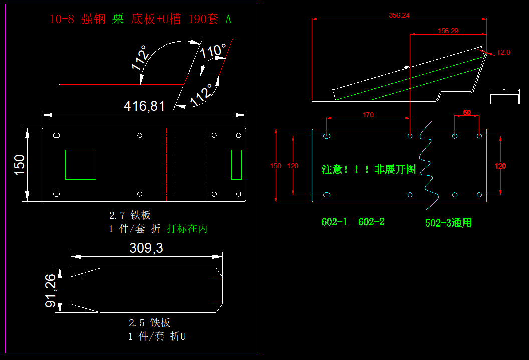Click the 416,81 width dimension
coord(144,106)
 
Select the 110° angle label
coord(213,51)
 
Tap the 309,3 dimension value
coord(146,248)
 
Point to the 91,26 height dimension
coord(51,291)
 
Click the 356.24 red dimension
coord(399,15)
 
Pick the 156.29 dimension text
coord(448,31)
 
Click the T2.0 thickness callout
coord(503,52)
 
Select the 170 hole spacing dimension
coord(368,115)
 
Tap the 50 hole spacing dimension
coord(467,113)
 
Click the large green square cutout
coord(80,164)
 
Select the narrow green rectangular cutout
coord(236,164)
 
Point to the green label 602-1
coord(334,222)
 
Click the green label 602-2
coord(371,222)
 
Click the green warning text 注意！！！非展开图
coord(368,169)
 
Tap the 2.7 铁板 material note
coord(130,215)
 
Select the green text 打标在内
coord(187,229)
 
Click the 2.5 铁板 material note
coord(149,323)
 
